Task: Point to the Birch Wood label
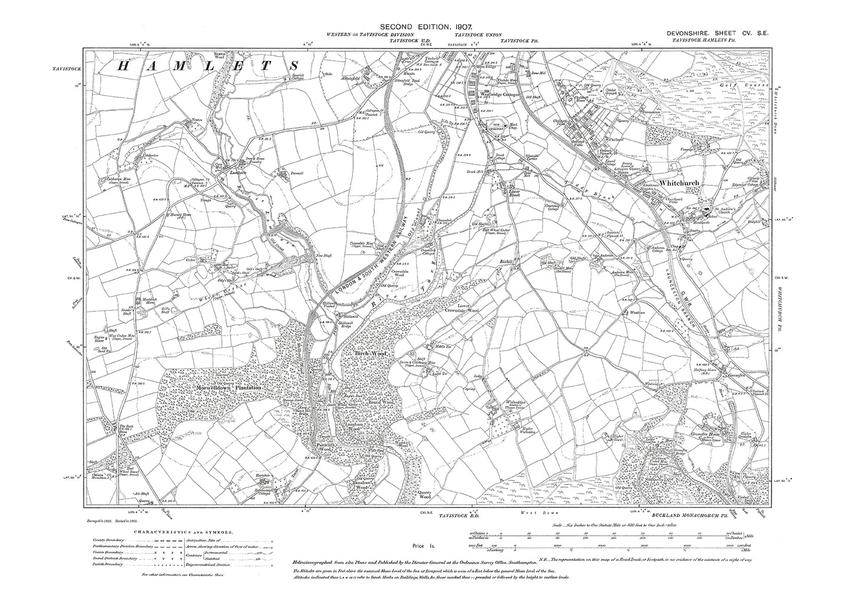[x=369, y=353]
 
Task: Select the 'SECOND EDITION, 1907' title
[x=424, y=27]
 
